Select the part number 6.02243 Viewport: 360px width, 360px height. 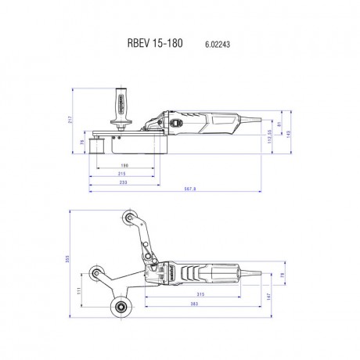pyautogui.click(x=207, y=45)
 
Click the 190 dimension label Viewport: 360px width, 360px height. pyautogui.click(x=125, y=167)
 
